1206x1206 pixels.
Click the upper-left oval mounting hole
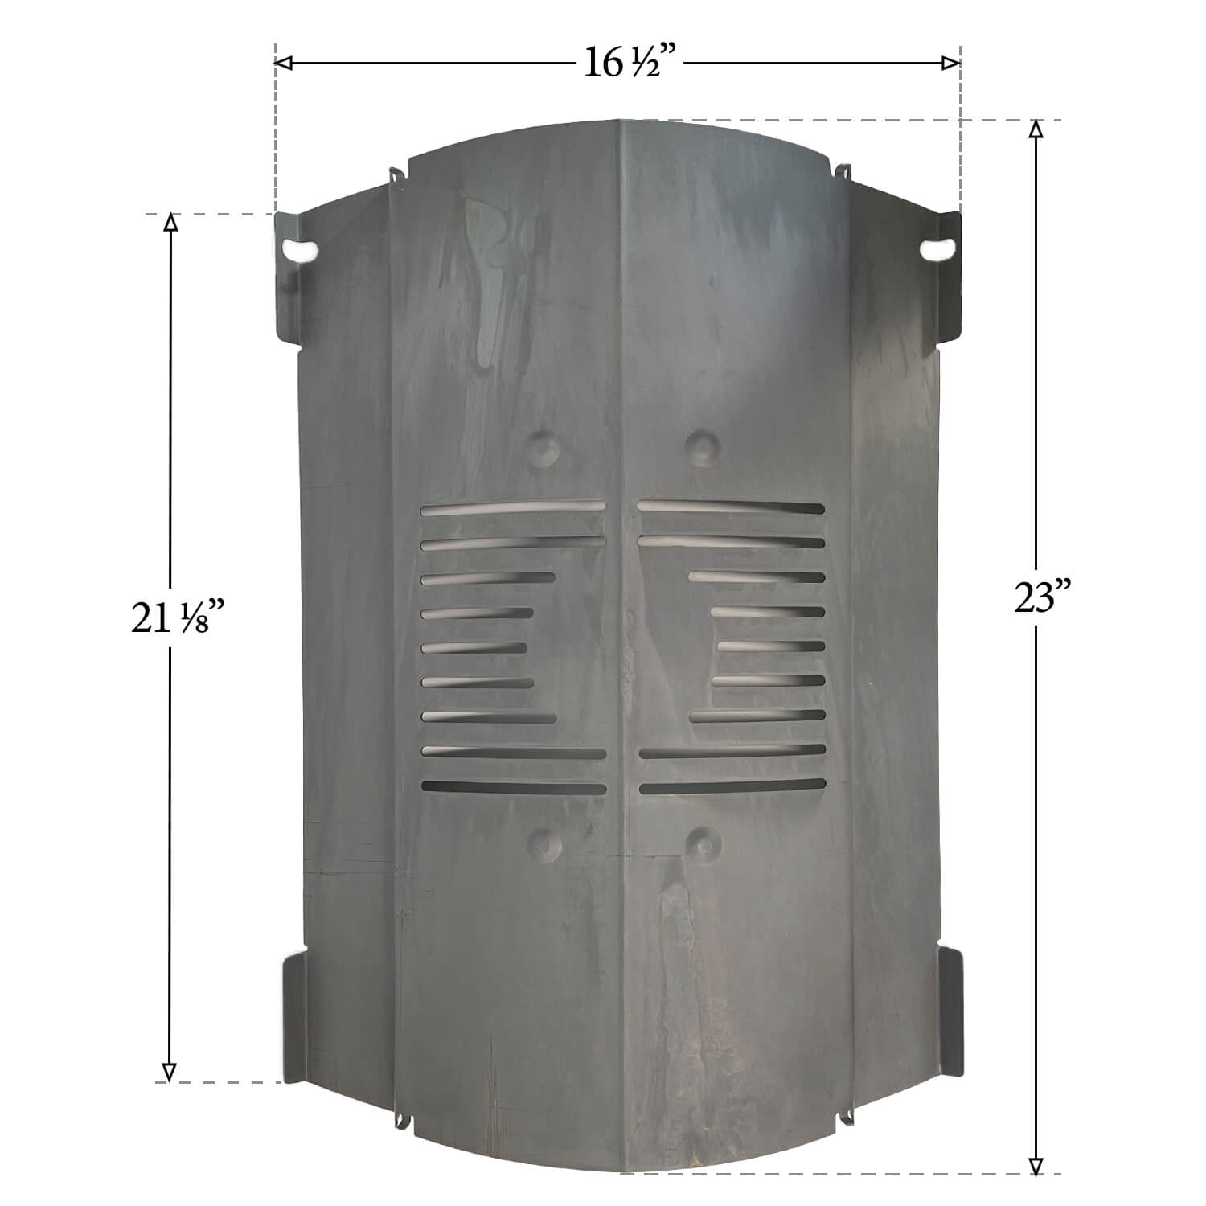[x=300, y=251]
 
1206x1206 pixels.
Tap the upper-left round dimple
[x=545, y=447]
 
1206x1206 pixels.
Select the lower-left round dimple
[x=547, y=842]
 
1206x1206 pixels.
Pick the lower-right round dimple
[x=703, y=841]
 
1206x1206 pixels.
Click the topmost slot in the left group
[x=512, y=508]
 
